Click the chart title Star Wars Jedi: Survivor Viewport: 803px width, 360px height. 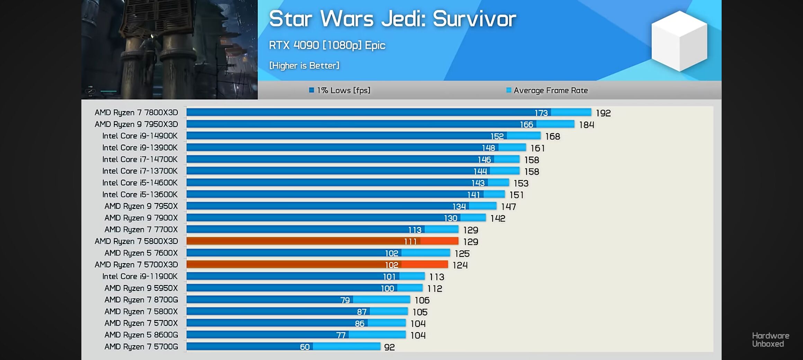[x=392, y=19]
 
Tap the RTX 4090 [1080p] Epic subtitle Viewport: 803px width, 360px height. [x=327, y=45]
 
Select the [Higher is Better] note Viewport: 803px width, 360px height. [x=304, y=65]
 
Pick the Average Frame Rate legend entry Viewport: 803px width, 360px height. [x=547, y=90]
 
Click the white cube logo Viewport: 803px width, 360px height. [x=679, y=41]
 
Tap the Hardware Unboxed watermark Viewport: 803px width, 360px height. [x=770, y=340]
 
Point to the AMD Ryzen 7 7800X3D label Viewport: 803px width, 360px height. [x=136, y=112]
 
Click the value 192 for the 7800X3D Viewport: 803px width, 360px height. [x=603, y=113]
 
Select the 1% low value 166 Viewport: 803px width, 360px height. [x=526, y=124]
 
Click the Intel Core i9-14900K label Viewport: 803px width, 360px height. [x=140, y=136]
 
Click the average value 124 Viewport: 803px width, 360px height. [x=460, y=265]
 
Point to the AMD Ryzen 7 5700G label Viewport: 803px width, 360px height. [x=141, y=346]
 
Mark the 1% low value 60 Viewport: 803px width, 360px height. [x=305, y=347]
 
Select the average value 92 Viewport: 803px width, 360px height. [x=389, y=347]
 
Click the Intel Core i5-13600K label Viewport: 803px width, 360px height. [x=140, y=195]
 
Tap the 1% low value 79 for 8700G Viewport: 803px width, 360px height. [x=345, y=300]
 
